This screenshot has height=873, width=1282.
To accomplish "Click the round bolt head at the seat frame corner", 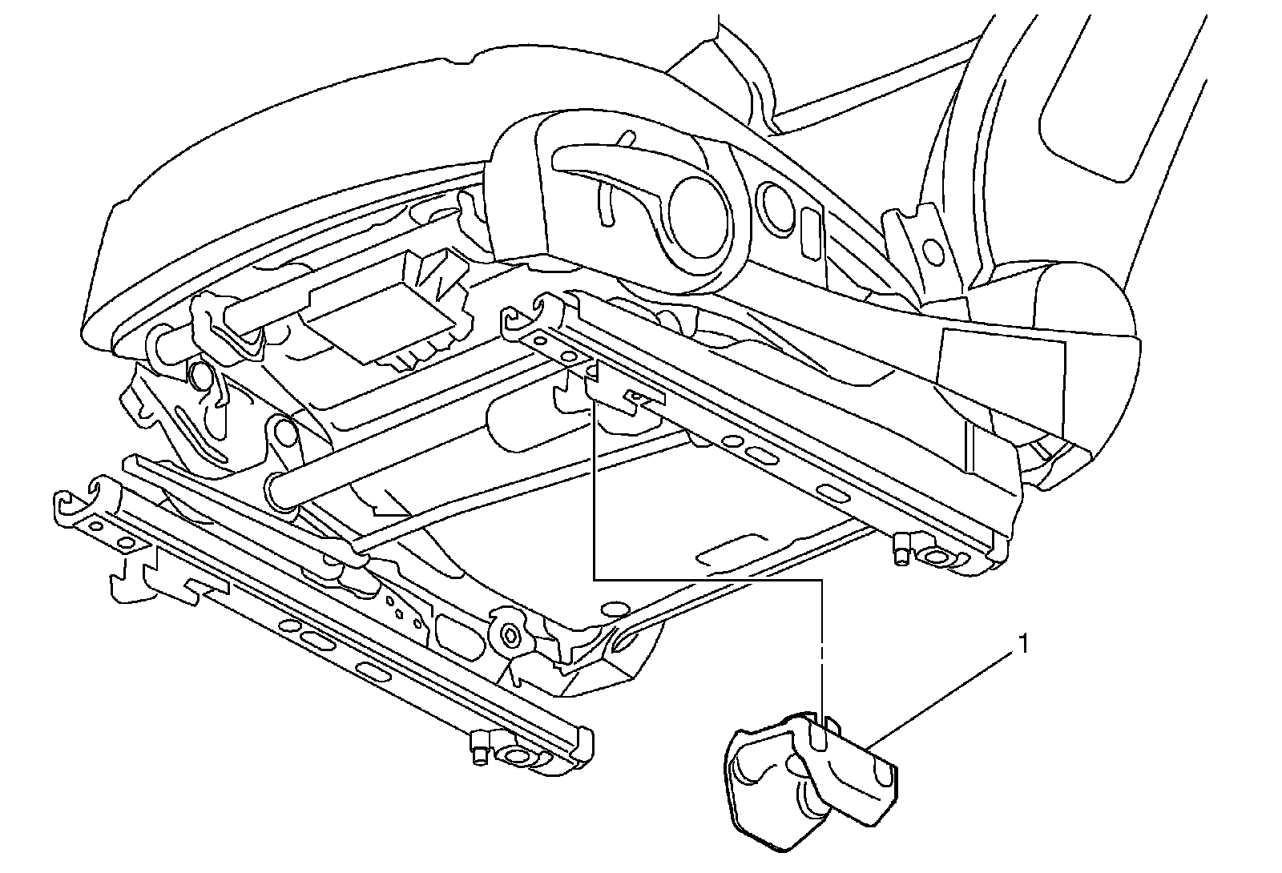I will tap(509, 636).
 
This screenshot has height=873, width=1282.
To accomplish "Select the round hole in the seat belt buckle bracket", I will tap(933, 252).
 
